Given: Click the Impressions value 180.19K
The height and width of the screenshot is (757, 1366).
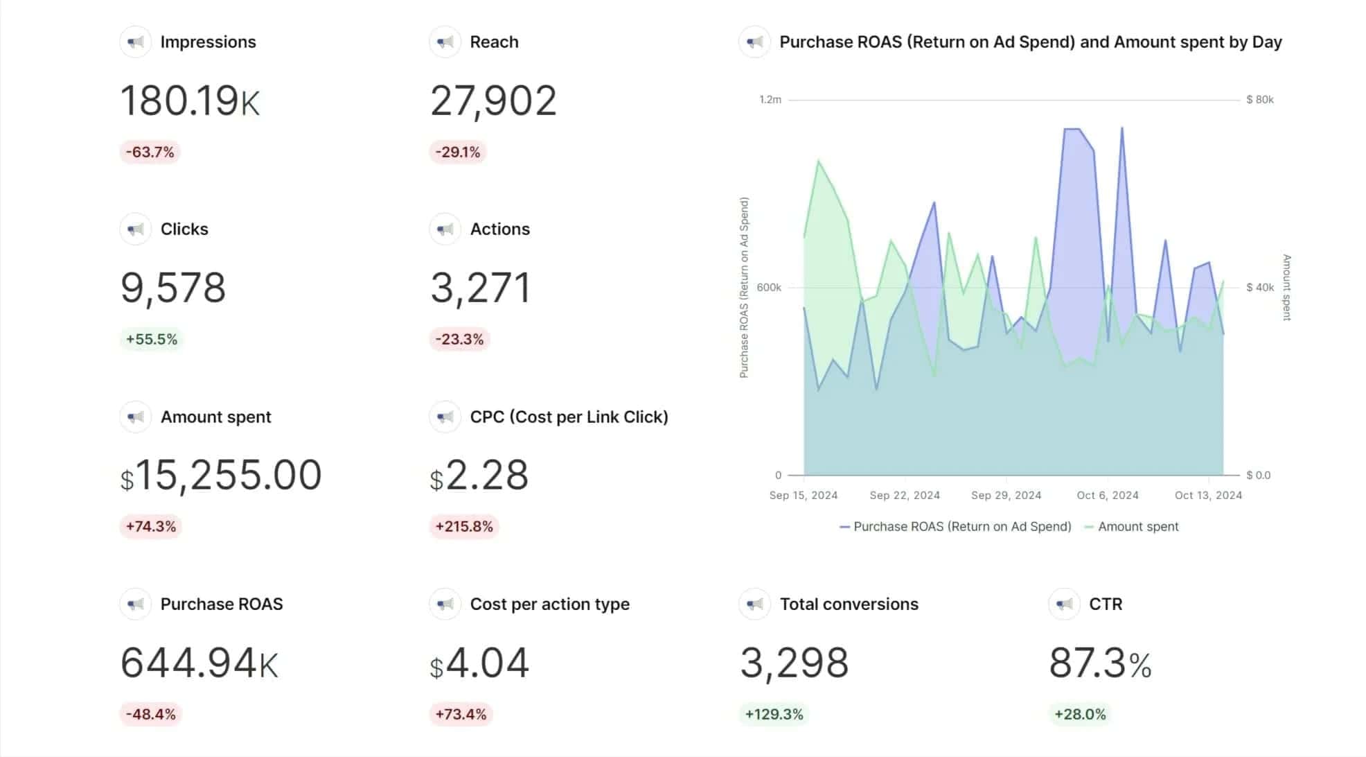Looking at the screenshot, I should [190, 101].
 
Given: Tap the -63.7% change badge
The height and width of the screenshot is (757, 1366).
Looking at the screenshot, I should [150, 152].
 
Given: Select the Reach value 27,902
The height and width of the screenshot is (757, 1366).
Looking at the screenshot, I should [493, 101].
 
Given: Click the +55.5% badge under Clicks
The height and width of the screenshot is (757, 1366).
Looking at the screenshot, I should [151, 339].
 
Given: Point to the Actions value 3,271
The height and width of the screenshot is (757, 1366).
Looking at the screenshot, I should [480, 288].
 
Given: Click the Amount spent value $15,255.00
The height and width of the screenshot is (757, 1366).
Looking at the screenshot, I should [221, 476].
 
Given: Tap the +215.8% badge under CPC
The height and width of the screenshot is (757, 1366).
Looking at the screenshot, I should [463, 526].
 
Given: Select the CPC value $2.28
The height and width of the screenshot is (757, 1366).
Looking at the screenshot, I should [479, 476].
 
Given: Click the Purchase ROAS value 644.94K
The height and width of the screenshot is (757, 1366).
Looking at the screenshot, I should [199, 663].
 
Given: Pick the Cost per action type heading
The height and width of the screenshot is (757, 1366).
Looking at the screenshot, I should [549, 604].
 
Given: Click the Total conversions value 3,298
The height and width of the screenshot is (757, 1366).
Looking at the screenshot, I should [794, 663].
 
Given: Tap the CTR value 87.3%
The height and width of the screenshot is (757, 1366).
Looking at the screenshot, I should [1100, 663].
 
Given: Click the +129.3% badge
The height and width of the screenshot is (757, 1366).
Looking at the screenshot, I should [774, 714].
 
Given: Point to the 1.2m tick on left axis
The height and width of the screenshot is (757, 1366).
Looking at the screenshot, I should [770, 100].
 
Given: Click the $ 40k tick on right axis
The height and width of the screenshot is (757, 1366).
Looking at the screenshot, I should [1259, 287].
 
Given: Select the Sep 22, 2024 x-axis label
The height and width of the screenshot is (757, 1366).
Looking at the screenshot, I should [905, 495].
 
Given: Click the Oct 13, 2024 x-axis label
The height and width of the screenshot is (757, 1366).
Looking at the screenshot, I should [1208, 495].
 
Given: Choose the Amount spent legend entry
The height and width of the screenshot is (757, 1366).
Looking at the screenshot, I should [1137, 526].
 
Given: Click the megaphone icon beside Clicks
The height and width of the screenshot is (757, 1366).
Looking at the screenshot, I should [135, 229].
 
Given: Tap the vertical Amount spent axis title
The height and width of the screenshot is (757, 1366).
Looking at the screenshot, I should [1286, 287].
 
